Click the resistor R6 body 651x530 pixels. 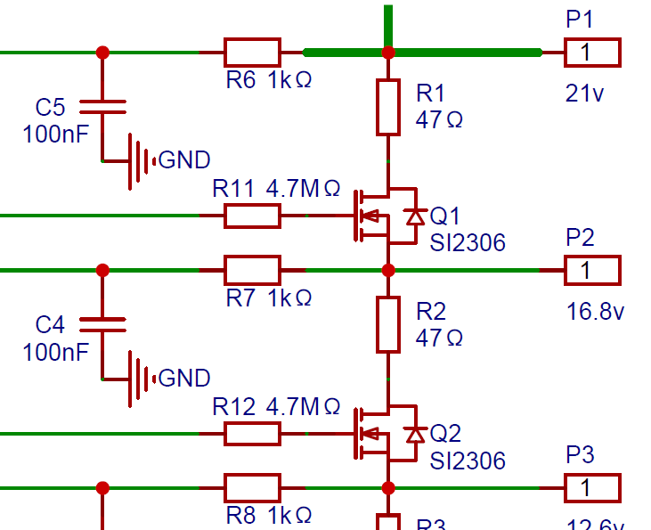pyautogui.click(x=252, y=53)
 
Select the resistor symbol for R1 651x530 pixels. pyautogui.click(x=387, y=107)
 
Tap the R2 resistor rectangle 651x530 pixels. pyautogui.click(x=387, y=324)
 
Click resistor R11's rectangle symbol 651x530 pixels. pyautogui.click(x=252, y=216)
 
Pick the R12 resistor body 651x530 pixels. pyautogui.click(x=252, y=434)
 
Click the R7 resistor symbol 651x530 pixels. pyautogui.click(x=252, y=270)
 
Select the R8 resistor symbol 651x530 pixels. pyautogui.click(x=252, y=488)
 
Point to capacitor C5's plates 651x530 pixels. pyautogui.click(x=102, y=107)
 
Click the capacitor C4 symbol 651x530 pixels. pyautogui.click(x=102, y=324)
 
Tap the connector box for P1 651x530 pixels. pyautogui.click(x=592, y=53)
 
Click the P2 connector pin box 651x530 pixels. pyautogui.click(x=592, y=270)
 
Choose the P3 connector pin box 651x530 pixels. pyautogui.click(x=592, y=488)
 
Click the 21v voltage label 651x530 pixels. pyautogui.click(x=585, y=94)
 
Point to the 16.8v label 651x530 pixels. pyautogui.click(x=596, y=312)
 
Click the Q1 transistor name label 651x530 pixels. pyautogui.click(x=445, y=216)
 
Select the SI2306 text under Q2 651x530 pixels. pyautogui.click(x=468, y=461)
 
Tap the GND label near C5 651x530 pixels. pyautogui.click(x=184, y=160)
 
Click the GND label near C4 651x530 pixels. pyautogui.click(x=184, y=379)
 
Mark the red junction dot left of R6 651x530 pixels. pyautogui.click(x=102, y=53)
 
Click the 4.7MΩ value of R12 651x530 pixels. pyautogui.click(x=303, y=407)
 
